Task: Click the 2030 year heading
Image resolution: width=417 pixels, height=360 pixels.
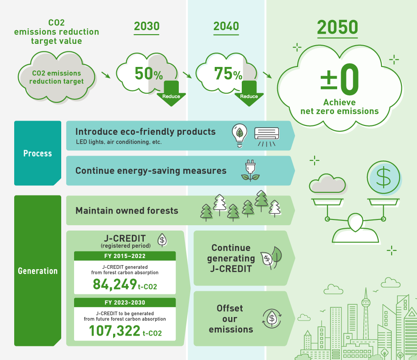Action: click(x=146, y=26)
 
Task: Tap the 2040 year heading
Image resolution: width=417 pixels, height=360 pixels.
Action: click(x=226, y=26)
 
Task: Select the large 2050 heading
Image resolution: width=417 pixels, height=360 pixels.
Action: click(x=338, y=27)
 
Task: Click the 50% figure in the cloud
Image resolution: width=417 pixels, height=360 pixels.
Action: click(x=149, y=74)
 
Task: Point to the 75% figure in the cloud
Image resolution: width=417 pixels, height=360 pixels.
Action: click(x=228, y=74)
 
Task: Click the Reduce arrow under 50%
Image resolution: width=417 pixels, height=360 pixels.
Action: click(x=171, y=94)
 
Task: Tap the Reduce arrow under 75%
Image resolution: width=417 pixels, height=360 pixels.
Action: click(x=249, y=94)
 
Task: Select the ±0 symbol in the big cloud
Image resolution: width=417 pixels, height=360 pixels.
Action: click(x=340, y=79)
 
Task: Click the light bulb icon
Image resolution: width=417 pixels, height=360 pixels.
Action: click(x=240, y=135)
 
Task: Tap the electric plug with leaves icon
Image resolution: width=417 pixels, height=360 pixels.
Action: click(x=250, y=170)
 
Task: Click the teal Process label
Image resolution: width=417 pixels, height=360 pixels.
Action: click(x=38, y=153)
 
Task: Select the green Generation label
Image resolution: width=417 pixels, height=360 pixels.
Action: click(x=38, y=270)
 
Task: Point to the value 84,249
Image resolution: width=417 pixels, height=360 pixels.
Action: click(x=115, y=284)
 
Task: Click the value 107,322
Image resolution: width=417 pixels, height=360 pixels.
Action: click(x=114, y=331)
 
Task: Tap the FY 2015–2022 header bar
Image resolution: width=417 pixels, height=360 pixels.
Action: click(x=125, y=256)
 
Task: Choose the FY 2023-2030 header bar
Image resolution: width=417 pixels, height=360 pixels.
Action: click(x=125, y=302)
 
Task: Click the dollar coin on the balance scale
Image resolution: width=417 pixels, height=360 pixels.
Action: click(x=383, y=177)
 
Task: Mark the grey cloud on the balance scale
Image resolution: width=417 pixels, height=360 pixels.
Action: click(x=327, y=183)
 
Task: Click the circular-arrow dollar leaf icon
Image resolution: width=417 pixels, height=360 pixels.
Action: click(x=272, y=318)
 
